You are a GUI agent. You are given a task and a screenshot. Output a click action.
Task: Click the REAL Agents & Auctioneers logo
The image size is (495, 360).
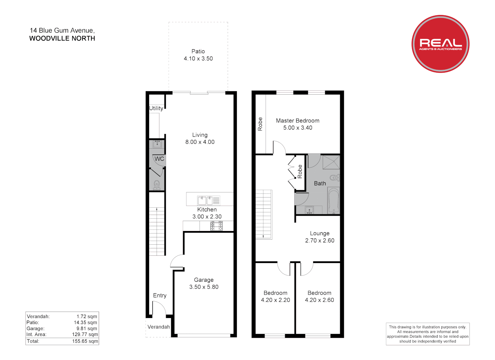(x=440, y=44)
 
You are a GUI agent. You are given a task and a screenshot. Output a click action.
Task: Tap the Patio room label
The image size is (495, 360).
(x=198, y=51)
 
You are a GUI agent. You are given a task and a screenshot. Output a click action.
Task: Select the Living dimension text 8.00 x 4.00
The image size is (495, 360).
(x=200, y=142)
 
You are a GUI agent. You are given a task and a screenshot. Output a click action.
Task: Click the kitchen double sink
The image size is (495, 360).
(x=205, y=200)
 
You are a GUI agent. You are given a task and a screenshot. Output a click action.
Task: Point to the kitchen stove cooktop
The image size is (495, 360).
(x=216, y=226)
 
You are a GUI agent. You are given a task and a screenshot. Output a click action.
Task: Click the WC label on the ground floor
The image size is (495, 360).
(x=159, y=159)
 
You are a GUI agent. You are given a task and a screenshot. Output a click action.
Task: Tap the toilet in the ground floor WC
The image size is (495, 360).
(x=157, y=184)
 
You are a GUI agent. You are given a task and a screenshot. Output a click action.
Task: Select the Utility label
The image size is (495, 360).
(x=156, y=108)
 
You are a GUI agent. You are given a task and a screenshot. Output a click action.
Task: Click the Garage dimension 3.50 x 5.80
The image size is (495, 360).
(x=204, y=287)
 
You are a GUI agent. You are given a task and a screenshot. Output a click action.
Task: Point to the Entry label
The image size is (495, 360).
(x=159, y=295)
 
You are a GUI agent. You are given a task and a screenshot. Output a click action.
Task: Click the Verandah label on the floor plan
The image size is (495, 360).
(x=158, y=327)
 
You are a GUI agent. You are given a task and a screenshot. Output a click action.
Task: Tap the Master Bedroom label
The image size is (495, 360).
(x=298, y=121)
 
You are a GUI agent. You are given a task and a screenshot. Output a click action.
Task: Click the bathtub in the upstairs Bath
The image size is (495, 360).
(x=334, y=201)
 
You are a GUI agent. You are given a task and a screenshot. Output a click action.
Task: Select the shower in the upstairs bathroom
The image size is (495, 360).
(x=331, y=162)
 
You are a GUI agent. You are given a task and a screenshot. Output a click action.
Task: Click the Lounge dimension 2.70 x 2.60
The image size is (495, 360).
(x=320, y=241)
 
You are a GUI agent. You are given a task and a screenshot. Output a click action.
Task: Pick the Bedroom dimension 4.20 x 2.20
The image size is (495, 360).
(x=275, y=300)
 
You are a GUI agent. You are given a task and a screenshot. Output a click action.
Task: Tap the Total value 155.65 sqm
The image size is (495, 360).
(x=85, y=341)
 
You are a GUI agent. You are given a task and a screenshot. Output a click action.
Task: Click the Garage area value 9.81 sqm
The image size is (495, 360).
(x=87, y=328)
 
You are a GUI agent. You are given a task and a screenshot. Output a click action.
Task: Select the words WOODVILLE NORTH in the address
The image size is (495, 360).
(x=62, y=38)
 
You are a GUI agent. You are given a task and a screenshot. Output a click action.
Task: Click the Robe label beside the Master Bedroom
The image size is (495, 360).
(x=260, y=124)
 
